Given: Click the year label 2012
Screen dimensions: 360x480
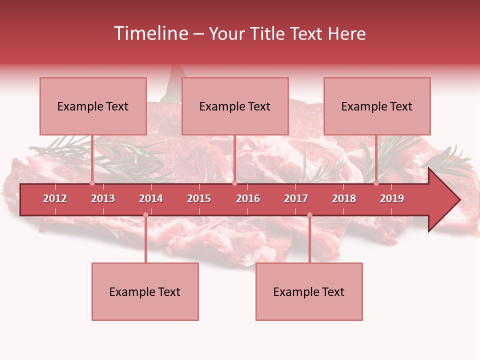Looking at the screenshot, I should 55,198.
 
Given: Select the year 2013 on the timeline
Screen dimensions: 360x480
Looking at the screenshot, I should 103,198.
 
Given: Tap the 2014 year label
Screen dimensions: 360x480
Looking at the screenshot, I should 151,198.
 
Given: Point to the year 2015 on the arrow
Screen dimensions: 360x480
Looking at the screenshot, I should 199,198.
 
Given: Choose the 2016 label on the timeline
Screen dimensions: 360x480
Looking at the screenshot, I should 248,198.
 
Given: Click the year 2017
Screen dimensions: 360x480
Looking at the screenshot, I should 296,198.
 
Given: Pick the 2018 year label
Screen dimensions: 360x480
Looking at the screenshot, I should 344,198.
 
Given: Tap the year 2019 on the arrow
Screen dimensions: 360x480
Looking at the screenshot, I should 392,198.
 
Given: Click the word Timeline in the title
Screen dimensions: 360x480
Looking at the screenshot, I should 150,33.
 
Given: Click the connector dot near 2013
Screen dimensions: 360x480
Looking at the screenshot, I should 92,183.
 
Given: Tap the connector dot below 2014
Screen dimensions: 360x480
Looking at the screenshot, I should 145,214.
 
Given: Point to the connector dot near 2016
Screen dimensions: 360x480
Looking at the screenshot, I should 234,183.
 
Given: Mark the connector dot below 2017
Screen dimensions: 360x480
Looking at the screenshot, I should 309,214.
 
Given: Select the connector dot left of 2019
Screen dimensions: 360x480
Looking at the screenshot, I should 376,183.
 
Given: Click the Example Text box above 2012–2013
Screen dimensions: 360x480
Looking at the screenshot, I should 93,106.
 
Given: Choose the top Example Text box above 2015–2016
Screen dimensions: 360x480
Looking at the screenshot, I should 235,106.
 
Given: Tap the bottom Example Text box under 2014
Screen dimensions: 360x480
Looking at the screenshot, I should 145,291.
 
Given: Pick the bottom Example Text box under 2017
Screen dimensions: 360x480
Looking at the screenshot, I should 309,291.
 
